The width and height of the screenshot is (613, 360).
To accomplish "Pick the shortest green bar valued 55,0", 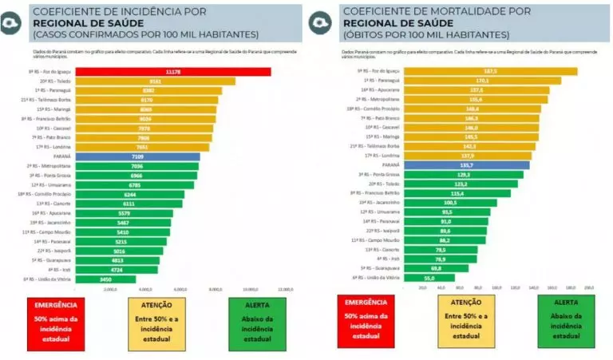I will (x=429, y=278).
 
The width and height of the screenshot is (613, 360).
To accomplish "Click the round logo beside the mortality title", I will (x=322, y=22).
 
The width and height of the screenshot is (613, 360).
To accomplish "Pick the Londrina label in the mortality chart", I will (x=380, y=156).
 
